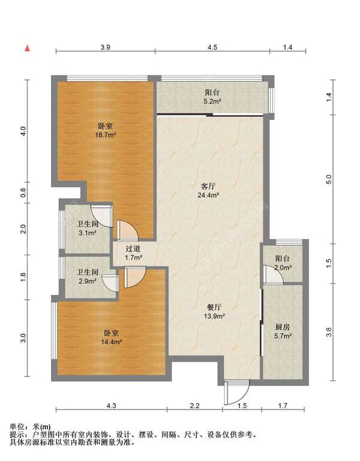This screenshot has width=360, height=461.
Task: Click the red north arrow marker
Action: point(28,48)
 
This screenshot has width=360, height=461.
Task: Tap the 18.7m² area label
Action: point(105,135)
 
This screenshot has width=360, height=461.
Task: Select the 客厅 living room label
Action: point(208,186)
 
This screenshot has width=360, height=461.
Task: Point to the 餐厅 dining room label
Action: point(214,308)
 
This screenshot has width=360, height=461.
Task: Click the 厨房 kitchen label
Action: point(283,327)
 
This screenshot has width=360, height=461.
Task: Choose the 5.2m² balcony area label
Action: point(212,101)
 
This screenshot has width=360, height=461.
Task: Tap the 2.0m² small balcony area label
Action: point(283,267)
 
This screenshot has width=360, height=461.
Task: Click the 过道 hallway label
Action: point(133,248)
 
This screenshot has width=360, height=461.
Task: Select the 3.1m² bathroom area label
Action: point(88,233)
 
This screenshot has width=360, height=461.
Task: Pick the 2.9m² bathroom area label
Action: point(88,281)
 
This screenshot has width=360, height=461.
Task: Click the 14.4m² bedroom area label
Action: point(112,342)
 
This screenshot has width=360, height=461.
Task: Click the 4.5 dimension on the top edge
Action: point(212,47)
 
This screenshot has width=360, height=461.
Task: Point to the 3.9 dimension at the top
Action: point(106,47)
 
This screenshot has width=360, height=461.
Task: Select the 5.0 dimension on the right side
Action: point(329,179)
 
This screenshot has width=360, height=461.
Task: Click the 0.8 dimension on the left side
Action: point(23,192)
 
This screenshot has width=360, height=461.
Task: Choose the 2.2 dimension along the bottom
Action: point(194,406)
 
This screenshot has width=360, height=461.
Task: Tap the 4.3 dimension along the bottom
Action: point(111,406)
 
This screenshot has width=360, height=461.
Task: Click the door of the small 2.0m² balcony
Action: point(272,275)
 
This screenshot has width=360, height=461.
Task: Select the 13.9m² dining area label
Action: point(215,317)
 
